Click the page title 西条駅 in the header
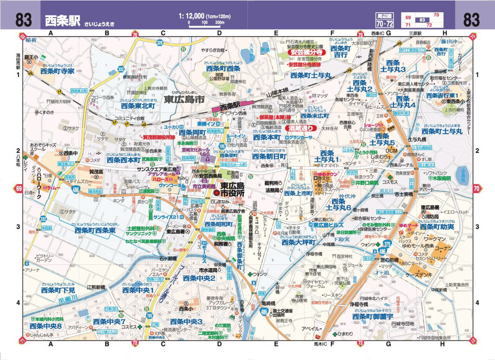tap(62, 21)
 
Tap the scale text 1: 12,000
tap(191, 16)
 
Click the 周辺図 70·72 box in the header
tap(385, 20)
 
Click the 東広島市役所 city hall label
tap(232, 190)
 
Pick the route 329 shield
tap(160, 43)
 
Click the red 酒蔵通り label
tap(301, 128)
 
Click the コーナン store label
tap(443, 248)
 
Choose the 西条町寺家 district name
tap(57, 71)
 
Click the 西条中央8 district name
tap(46, 326)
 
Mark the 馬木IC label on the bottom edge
tap(320, 344)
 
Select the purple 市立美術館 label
tap(204, 186)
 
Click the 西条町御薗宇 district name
tap(373, 316)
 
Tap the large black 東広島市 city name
tap(184, 100)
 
